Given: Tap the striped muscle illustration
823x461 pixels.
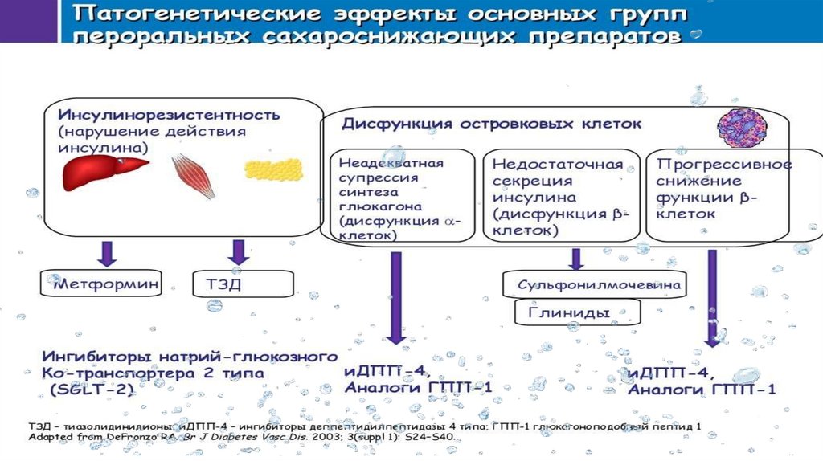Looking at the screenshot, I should (194, 176).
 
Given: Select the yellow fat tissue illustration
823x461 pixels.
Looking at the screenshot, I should (273, 169).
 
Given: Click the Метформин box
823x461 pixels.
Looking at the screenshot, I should (102, 283).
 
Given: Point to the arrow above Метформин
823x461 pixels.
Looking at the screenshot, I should (108, 252).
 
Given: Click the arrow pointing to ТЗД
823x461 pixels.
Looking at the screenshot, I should (238, 252).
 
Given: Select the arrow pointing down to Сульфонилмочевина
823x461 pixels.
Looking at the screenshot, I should (575, 258).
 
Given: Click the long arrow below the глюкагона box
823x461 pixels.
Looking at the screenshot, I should (395, 297).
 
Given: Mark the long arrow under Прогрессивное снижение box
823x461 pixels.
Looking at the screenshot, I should (712, 297).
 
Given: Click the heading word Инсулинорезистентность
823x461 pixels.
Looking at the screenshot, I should (169, 114).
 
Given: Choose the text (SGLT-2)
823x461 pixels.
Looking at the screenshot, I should (88, 389).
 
